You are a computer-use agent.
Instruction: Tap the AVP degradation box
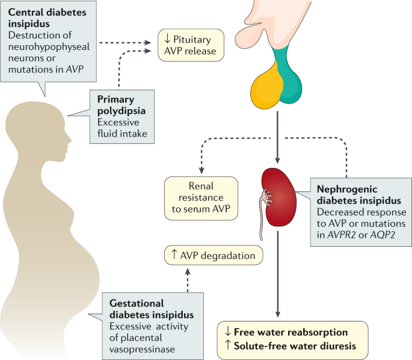tap(215, 256)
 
